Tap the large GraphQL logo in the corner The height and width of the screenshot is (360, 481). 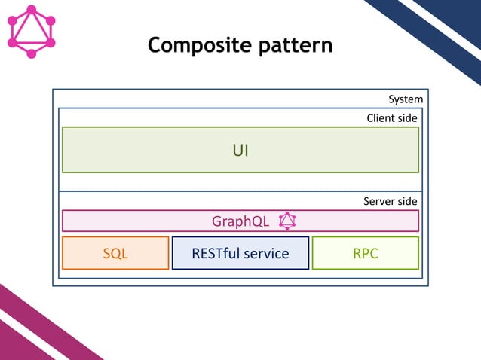click(31, 32)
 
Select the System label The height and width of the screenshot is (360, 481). click(405, 99)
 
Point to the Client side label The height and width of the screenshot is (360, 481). click(391, 118)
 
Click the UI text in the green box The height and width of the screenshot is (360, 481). click(240, 151)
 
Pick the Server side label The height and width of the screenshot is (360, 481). click(390, 202)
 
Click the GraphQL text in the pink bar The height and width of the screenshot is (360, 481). click(240, 221)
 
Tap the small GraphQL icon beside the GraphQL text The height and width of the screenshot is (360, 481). click(287, 221)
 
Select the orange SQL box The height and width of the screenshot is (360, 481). click(115, 253)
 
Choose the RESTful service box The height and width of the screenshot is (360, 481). click(240, 253)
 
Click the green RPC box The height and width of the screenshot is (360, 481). click(366, 253)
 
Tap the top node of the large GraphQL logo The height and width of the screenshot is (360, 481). click(31, 10)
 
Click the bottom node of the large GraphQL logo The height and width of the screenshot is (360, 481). click(31, 54)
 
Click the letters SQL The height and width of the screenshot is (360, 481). click(115, 254)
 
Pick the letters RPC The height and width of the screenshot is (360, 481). click(366, 254)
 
